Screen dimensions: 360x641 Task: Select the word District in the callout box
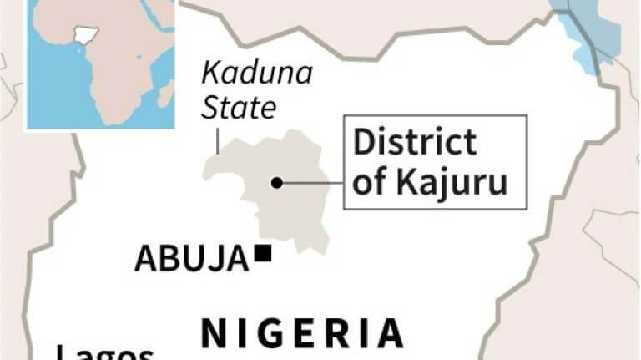415,142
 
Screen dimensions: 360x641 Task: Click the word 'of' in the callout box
370,183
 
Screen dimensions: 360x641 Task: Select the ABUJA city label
191,259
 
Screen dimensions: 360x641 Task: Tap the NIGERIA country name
303,333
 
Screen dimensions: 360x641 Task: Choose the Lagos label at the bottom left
105,352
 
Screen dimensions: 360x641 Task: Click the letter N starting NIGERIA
214,333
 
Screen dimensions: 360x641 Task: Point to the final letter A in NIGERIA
388,333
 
